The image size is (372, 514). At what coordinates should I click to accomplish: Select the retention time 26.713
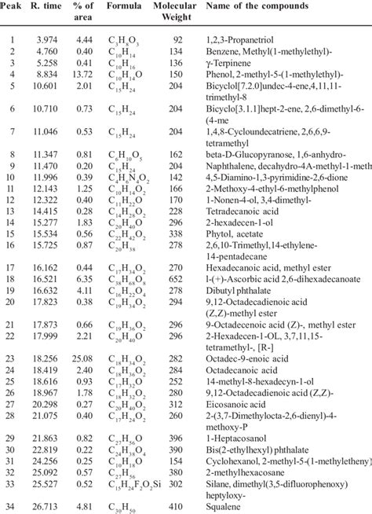click(47, 506)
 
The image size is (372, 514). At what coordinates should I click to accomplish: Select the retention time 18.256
click(47, 357)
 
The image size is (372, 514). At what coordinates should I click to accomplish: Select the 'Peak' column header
click(13, 8)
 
